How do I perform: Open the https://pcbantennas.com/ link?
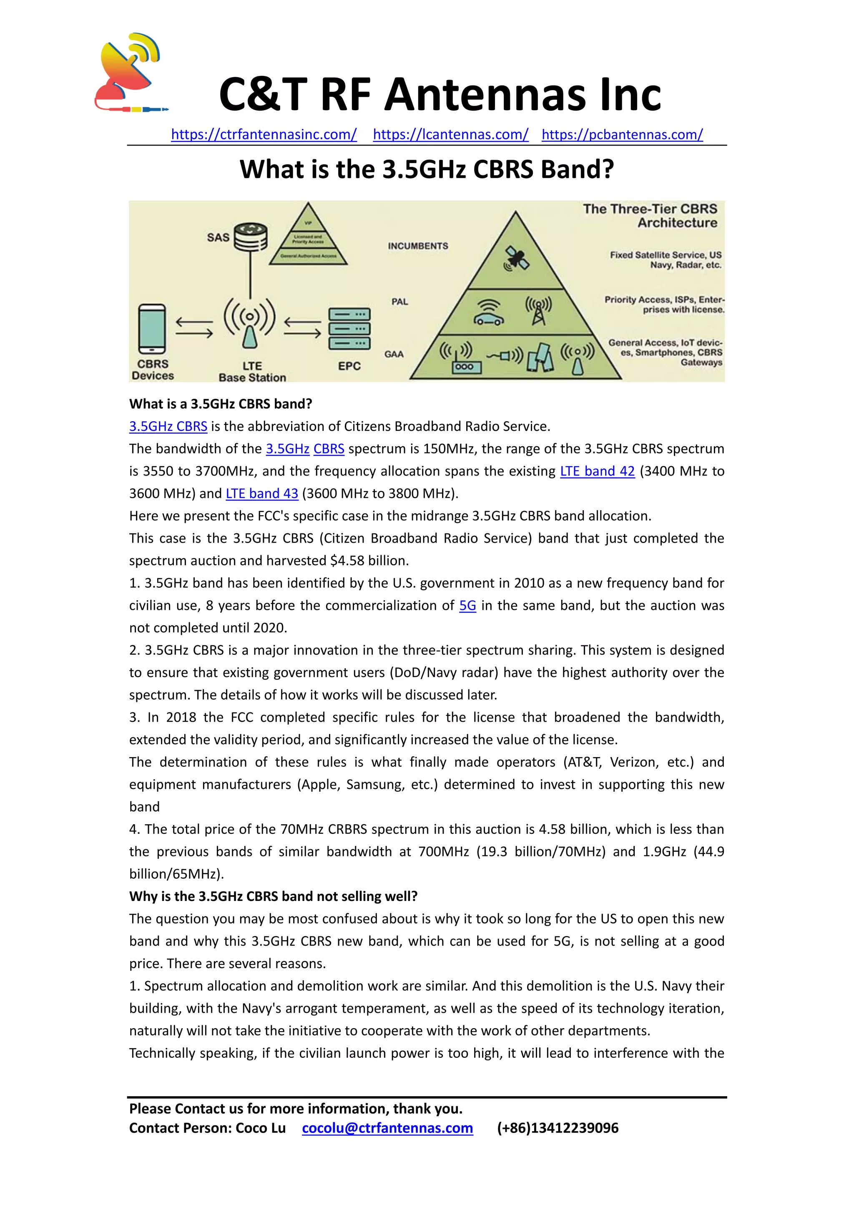point(622,135)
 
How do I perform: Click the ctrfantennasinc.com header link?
point(264,135)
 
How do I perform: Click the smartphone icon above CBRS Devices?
point(152,329)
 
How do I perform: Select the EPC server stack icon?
point(349,329)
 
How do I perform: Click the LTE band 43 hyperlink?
point(262,494)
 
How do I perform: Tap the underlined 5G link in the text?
point(467,606)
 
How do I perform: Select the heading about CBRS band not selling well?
point(273,896)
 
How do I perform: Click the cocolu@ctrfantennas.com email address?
point(387,1128)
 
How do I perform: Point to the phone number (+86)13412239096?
point(558,1128)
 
